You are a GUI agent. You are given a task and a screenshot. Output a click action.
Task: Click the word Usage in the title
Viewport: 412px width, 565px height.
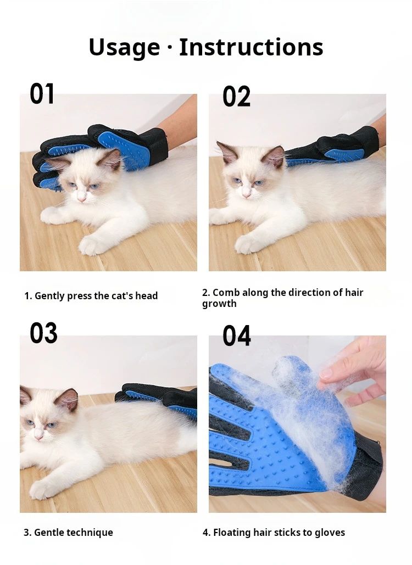point(124,48)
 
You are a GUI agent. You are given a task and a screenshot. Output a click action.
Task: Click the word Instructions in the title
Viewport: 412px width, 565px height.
point(251,48)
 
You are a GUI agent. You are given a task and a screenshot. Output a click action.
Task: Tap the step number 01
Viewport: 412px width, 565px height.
point(42,94)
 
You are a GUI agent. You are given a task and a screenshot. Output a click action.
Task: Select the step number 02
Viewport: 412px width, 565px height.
point(236,97)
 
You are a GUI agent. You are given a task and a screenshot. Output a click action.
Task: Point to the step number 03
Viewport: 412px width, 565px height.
point(43,333)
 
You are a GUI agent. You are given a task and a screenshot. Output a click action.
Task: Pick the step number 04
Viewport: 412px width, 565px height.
point(236,336)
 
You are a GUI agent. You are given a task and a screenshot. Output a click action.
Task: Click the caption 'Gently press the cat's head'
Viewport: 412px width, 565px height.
point(91,296)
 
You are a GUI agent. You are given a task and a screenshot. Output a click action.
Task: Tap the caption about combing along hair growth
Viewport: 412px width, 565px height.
point(282,298)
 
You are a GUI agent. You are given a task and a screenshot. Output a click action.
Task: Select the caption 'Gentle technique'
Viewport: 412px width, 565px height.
point(68,532)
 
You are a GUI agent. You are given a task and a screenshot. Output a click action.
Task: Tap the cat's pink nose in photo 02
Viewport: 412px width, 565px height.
point(247,194)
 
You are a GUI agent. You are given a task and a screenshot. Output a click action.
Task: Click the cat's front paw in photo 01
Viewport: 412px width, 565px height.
point(91,246)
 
